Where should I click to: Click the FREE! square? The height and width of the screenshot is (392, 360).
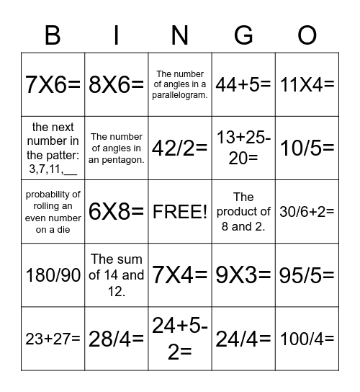180,212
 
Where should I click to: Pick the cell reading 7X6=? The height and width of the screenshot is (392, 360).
53,84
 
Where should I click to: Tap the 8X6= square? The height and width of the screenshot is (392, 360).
117,84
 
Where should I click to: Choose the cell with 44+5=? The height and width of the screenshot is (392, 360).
243,84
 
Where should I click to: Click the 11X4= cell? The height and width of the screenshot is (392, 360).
307,84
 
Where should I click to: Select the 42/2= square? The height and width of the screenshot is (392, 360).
180,148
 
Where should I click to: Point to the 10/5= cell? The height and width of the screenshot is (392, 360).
307,148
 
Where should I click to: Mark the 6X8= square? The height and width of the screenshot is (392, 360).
117,212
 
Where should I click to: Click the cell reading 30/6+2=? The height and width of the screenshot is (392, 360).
307,212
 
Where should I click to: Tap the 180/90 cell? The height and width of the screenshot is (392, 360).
53,275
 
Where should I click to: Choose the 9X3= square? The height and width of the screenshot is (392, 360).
243,275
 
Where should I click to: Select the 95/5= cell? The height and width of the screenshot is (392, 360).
307,275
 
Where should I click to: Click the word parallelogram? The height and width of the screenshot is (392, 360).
181,96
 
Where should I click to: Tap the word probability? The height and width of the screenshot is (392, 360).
53,195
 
